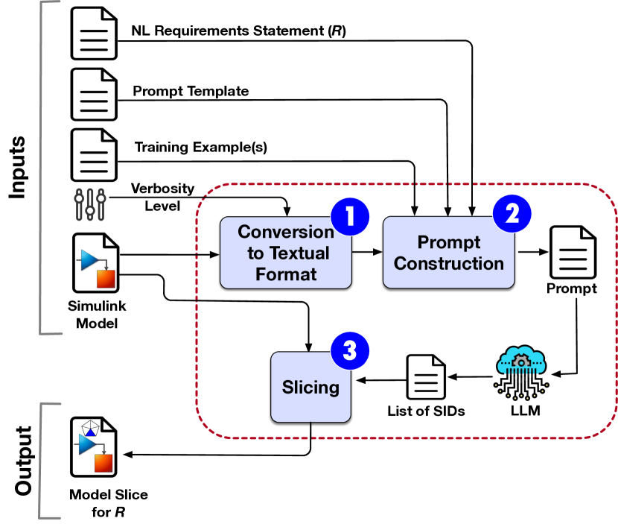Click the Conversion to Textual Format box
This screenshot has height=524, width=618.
(x=286, y=253)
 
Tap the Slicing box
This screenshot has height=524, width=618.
(x=310, y=387)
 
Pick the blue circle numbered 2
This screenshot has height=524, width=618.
(x=513, y=213)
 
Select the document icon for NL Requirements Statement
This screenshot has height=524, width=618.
(x=94, y=34)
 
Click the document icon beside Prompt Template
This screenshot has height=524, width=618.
(x=94, y=94)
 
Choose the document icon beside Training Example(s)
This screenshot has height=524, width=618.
(x=94, y=153)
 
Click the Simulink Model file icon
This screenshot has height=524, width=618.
(x=95, y=262)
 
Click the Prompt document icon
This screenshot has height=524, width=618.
(x=572, y=253)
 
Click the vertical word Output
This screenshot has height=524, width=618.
(x=22, y=461)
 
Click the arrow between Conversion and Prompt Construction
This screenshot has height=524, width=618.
(x=367, y=253)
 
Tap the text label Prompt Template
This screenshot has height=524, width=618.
(x=191, y=91)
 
